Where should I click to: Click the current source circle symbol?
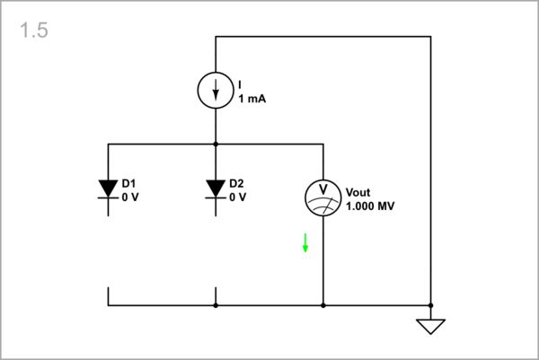click(x=216, y=90)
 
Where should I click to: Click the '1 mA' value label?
click(x=252, y=99)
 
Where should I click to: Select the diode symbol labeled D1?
click(x=109, y=189)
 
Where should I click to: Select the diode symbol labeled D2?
click(x=216, y=189)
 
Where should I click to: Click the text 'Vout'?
click(x=358, y=191)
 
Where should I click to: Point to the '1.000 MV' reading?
click(x=370, y=206)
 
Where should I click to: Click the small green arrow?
click(x=305, y=242)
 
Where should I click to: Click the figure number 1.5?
click(x=32, y=31)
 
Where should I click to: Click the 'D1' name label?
click(x=128, y=182)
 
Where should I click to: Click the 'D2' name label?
click(x=236, y=182)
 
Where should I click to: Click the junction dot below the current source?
click(x=216, y=144)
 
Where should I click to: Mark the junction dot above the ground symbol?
click(x=431, y=305)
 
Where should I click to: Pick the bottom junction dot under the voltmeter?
click(x=323, y=305)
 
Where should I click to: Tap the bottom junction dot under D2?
click(x=216, y=305)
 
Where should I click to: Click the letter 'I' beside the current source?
click(x=240, y=84)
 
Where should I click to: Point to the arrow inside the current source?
click(x=216, y=91)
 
